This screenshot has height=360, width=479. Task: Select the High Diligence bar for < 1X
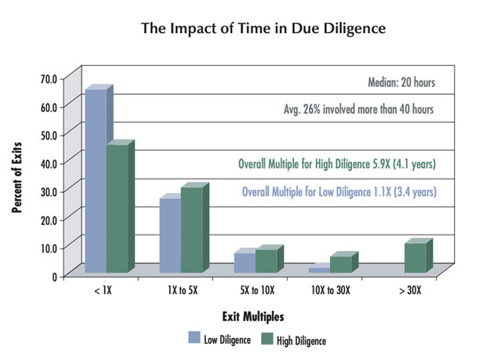pos(117,209)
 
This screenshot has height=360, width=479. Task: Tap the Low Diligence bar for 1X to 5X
pos(169,235)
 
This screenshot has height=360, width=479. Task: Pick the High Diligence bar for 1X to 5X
pos(191,230)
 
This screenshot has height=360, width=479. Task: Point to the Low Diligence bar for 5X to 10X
pos(244,263)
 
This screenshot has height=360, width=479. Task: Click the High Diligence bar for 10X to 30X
pos(340,264)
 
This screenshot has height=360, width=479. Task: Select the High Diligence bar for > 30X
pos(415,258)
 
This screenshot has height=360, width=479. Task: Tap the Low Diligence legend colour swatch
pos(194,338)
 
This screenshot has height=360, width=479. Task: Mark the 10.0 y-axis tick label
pos(49,248)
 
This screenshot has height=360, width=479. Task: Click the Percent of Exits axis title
pos(17,176)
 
